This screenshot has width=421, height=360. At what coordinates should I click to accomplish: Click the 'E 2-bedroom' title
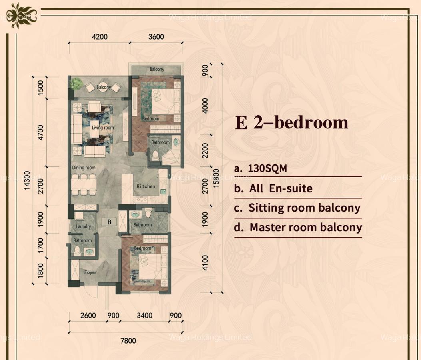click(291, 123)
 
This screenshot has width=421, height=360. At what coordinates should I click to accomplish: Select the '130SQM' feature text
click(267, 168)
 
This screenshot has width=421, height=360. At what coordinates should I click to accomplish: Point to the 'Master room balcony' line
click(305, 228)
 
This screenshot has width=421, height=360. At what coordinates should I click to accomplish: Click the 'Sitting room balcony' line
click(304, 208)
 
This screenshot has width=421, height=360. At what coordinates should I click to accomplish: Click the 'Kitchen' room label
click(146, 186)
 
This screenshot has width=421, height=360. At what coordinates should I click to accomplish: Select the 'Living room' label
click(103, 128)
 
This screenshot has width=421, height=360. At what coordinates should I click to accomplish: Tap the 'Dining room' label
click(84, 168)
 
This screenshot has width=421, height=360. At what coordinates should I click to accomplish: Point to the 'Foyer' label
click(90, 272)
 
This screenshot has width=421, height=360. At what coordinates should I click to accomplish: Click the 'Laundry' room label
click(84, 226)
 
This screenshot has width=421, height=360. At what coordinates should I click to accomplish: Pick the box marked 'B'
click(109, 222)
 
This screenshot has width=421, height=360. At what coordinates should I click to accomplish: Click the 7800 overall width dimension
click(128, 341)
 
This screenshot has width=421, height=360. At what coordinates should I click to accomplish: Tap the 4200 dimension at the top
click(100, 37)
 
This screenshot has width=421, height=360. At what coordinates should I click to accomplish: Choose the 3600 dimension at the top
click(156, 37)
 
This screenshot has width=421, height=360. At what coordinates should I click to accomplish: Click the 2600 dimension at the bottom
click(88, 316)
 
